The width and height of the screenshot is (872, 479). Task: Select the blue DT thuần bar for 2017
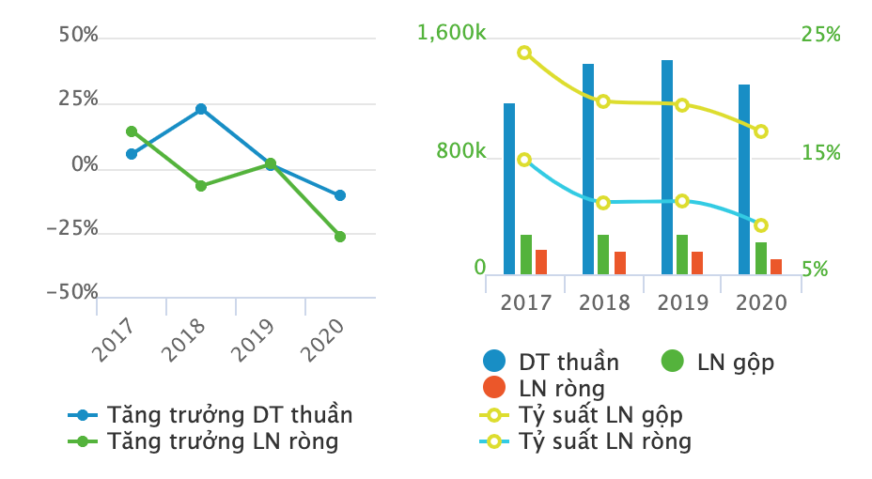click(509, 189)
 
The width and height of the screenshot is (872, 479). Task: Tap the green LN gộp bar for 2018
click(603, 255)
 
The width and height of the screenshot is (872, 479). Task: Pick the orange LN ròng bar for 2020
click(776, 267)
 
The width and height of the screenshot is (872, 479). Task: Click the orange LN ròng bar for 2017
click(541, 262)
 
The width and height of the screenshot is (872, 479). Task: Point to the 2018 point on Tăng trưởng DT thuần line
click(201, 109)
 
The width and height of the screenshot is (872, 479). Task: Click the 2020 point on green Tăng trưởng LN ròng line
click(340, 237)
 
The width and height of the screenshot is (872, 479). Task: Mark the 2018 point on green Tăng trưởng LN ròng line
click(201, 186)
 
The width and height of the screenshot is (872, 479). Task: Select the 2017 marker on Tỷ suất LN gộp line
click(524, 53)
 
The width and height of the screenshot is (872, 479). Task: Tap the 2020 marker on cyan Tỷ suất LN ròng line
click(761, 225)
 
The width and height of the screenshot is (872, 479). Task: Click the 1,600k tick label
click(452, 34)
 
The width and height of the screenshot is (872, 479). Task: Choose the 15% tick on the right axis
click(820, 152)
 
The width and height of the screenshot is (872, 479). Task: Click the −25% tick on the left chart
click(72, 229)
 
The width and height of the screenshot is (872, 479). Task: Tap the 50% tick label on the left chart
click(78, 36)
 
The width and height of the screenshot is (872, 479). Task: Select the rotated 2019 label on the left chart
click(253, 339)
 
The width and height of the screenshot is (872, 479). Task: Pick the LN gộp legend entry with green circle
click(719, 362)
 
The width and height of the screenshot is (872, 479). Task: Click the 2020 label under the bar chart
click(761, 302)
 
